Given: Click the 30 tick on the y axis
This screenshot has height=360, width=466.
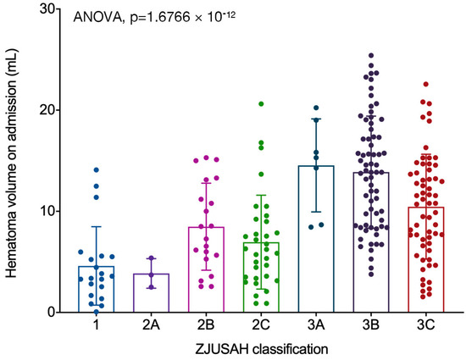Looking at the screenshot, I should coord(50,9).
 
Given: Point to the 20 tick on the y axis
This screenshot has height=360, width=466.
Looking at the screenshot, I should coord(50,110).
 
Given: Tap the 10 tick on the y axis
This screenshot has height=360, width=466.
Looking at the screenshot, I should coord(50,211).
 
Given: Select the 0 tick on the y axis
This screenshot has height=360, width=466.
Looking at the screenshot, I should coord(53,312).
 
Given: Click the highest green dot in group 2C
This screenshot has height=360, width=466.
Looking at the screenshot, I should coord(262,104).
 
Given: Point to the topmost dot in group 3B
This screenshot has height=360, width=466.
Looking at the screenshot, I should coord(371,56).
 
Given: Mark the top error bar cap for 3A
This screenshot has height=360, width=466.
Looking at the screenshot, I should coord(316,119).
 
